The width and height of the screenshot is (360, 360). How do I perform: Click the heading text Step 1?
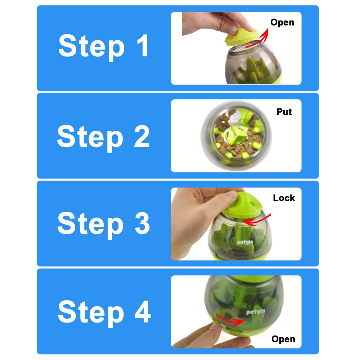click(103, 46)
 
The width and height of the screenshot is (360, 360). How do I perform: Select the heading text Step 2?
click(103, 136)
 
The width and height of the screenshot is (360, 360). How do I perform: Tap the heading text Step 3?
click(103, 224)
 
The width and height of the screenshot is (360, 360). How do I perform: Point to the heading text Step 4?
click(104, 311)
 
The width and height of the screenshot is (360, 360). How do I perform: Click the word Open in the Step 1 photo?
click(282, 22)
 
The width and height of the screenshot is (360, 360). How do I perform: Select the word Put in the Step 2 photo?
click(284, 112)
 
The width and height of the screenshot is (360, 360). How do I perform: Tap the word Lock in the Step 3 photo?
click(284, 198)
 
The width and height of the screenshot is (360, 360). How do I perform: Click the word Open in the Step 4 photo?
click(283, 339)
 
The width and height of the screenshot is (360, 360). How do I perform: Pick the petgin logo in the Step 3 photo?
click(245, 242)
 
